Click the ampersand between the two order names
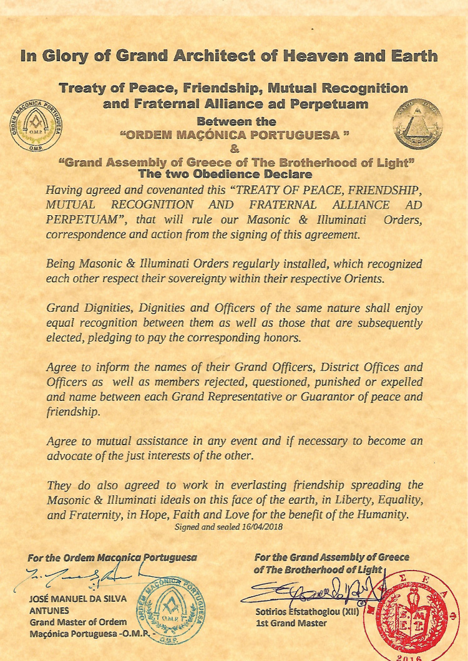pos(235,148)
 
